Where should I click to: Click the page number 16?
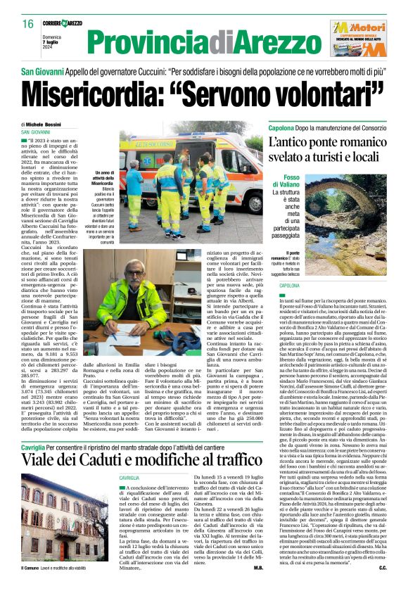(27, 24)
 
